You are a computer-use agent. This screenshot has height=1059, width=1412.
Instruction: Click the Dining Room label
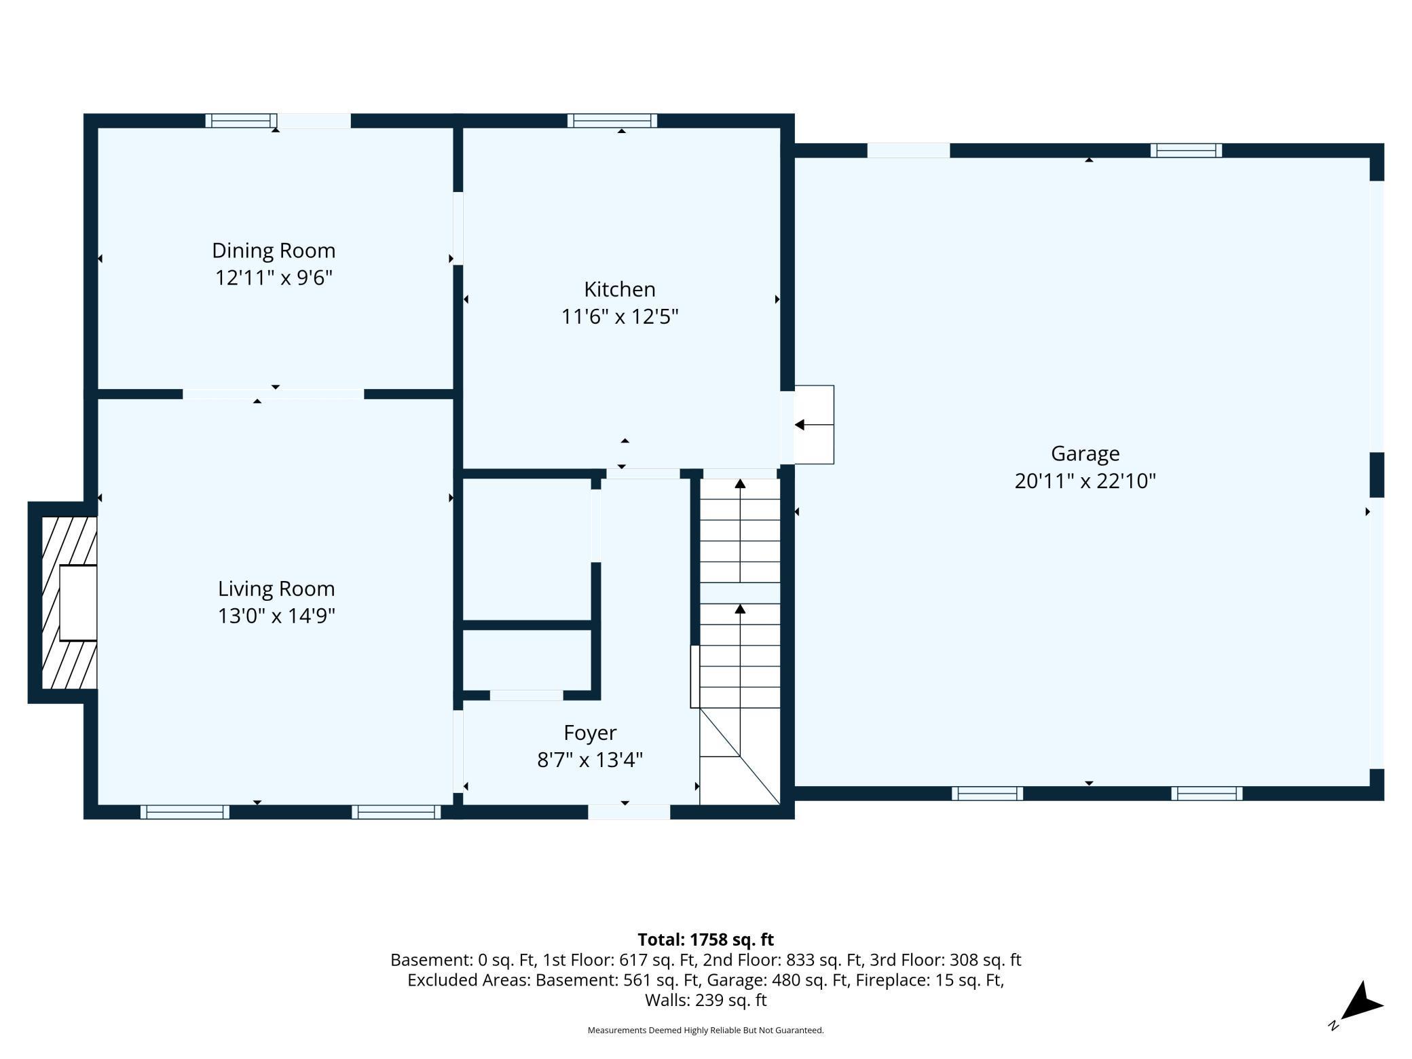pos(274,250)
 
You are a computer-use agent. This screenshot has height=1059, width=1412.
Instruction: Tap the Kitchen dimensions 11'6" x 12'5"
pos(620,317)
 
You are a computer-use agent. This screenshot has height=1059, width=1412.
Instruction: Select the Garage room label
pos(1085,453)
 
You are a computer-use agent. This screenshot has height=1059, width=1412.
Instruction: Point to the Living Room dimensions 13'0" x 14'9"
pos(276,616)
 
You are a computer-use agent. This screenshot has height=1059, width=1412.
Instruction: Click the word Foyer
pos(590,733)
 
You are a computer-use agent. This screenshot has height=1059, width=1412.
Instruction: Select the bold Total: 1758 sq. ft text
pos(705,940)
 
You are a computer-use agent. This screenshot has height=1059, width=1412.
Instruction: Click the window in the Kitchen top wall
pos(612,121)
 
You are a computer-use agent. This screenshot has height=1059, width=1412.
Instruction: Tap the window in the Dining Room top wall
pos(241,121)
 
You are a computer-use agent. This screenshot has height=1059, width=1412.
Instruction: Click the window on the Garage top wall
pos(1186,150)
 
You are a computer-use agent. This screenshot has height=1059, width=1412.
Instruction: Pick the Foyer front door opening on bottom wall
pos(629,812)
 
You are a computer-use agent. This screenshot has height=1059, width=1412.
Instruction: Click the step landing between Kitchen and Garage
pos(814,425)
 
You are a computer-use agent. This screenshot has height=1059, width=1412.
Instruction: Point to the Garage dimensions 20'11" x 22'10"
pos(1085,481)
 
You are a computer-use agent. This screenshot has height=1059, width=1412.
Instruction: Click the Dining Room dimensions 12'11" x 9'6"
pos(274,278)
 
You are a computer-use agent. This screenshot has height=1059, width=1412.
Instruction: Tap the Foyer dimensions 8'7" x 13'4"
pos(590,760)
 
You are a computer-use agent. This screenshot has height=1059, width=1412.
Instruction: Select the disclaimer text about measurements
pos(705,1030)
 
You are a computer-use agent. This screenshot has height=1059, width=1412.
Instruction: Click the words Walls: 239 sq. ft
pos(705,1000)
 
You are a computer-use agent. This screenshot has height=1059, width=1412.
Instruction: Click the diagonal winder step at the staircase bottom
pos(740,756)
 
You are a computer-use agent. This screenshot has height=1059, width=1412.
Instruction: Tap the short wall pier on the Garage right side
pos(1377,475)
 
